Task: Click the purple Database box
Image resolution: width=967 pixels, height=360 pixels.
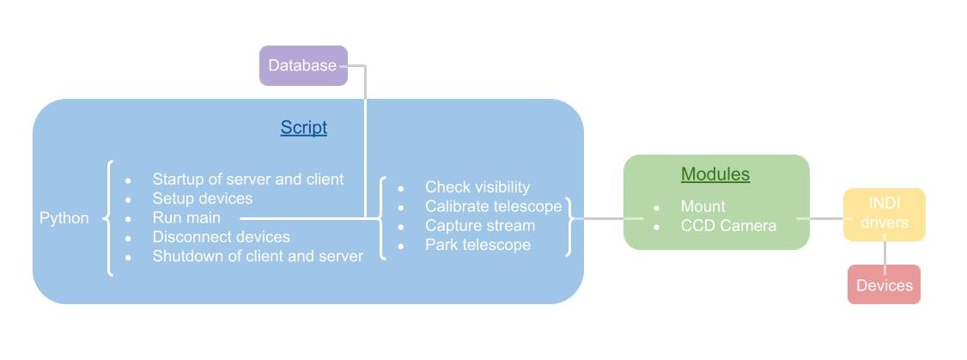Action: click(x=303, y=65)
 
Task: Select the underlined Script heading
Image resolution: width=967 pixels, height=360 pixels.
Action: click(x=303, y=128)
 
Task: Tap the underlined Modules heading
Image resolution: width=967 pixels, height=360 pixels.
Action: click(x=715, y=174)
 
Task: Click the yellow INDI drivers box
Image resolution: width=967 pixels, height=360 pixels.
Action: click(x=884, y=215)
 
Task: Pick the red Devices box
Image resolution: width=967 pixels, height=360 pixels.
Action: click(x=884, y=284)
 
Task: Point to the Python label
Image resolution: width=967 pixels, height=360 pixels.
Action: click(x=64, y=218)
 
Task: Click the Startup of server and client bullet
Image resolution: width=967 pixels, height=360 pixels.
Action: click(x=247, y=180)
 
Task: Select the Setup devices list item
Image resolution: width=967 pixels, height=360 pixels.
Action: click(x=203, y=198)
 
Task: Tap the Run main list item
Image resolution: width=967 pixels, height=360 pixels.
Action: click(x=186, y=217)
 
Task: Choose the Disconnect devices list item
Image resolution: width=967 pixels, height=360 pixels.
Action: click(x=221, y=236)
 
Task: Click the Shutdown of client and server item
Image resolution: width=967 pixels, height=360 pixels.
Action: click(x=258, y=256)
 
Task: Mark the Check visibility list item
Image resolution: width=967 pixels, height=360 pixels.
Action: click(x=477, y=187)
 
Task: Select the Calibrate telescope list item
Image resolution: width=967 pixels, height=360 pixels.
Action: click(x=493, y=206)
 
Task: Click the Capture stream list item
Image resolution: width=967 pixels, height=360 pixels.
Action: click(x=479, y=225)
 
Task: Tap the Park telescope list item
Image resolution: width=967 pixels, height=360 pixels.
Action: click(x=477, y=245)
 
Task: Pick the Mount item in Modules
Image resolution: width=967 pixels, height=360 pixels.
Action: click(x=702, y=206)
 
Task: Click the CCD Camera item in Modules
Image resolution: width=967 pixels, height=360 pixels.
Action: click(x=728, y=225)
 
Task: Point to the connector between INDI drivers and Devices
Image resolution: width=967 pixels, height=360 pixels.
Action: click(x=885, y=253)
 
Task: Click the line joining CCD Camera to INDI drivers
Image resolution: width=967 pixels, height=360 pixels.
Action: click(x=820, y=218)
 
